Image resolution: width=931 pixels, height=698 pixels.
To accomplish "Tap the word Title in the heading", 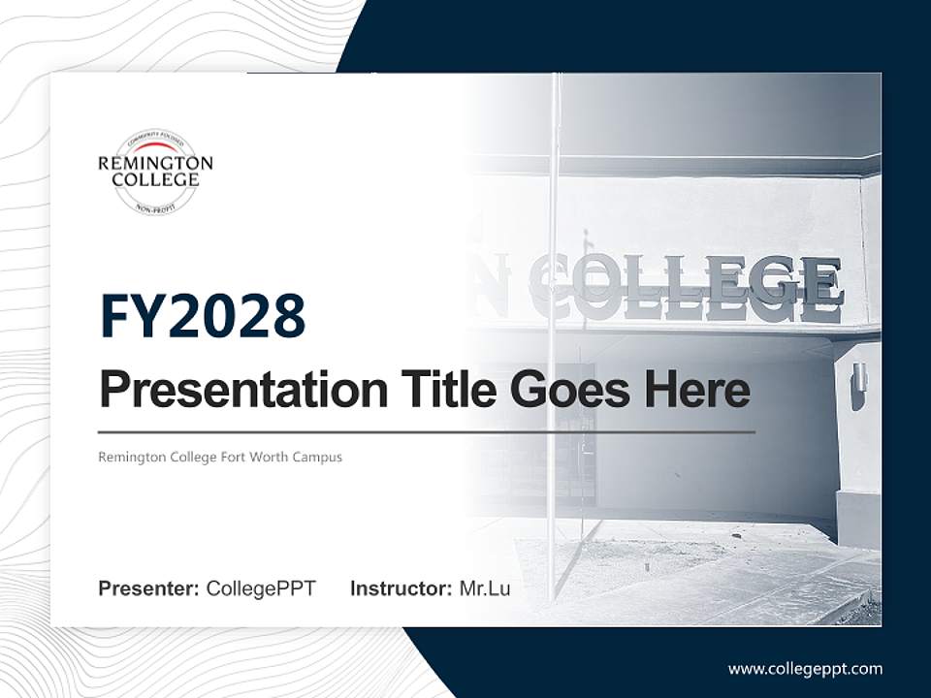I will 433,391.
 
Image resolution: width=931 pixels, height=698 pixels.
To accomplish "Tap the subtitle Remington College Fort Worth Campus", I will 220,457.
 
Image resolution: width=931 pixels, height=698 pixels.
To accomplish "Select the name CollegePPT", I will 261,588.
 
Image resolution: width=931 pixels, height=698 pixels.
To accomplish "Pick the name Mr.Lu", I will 485,588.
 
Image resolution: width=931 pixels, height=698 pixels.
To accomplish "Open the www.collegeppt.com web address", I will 805,669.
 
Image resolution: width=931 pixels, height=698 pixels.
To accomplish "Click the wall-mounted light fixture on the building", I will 858,385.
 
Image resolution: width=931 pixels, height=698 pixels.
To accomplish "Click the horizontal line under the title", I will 427,432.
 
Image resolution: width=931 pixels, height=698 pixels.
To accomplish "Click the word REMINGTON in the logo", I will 155,163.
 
